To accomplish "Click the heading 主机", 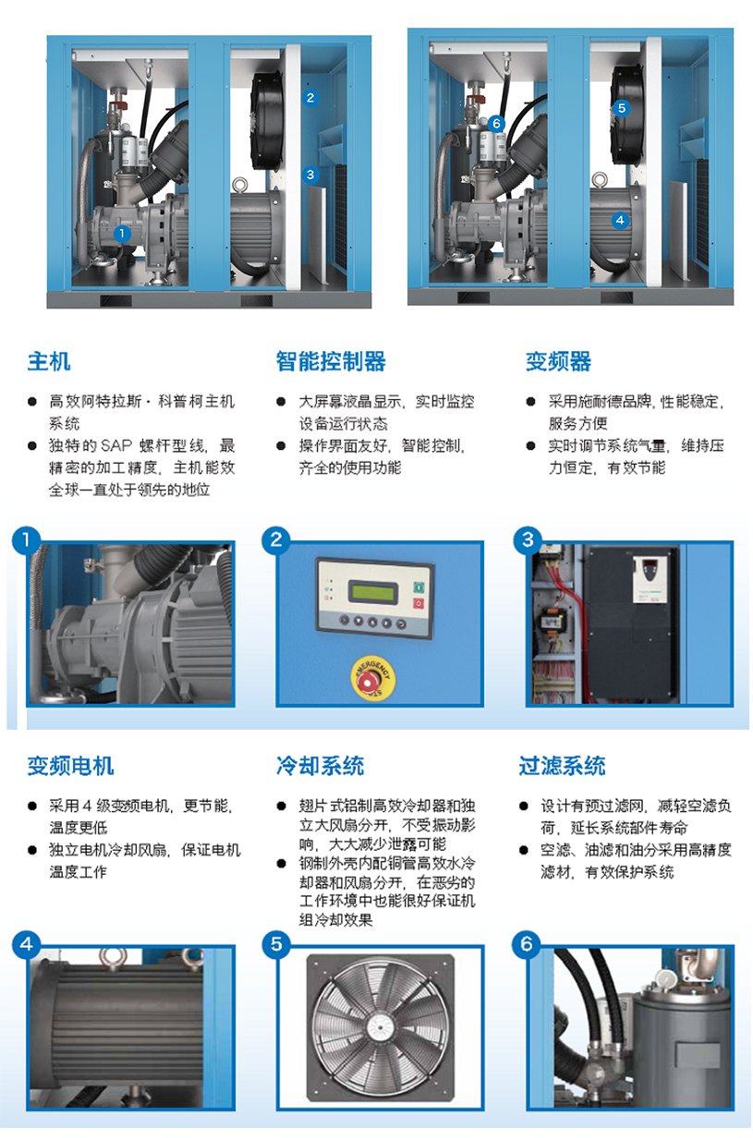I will pyautogui.click(x=48, y=361).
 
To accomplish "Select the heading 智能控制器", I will pyautogui.click(x=330, y=361).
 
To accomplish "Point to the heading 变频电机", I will pyautogui.click(x=70, y=766).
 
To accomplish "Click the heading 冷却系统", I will pyautogui.click(x=320, y=766).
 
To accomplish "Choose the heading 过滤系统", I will pyautogui.click(x=562, y=766).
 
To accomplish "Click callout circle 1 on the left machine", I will pyautogui.click(x=121, y=235).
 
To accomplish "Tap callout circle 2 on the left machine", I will pyautogui.click(x=310, y=97).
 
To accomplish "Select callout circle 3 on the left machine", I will pyautogui.click(x=310, y=173).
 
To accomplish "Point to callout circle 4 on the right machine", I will pyautogui.click(x=620, y=220).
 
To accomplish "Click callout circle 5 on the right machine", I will pyautogui.click(x=621, y=108).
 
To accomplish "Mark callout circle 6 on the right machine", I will pyautogui.click(x=496, y=123).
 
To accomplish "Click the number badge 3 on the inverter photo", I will pyautogui.click(x=528, y=540).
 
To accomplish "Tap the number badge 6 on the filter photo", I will pyautogui.click(x=528, y=944).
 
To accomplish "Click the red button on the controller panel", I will pyautogui.click(x=419, y=603).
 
